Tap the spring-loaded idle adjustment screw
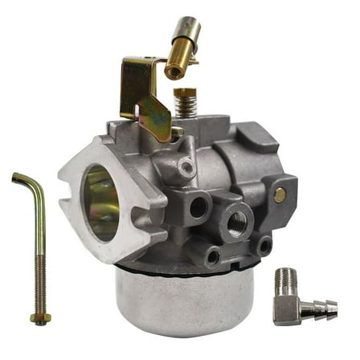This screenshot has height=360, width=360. coord(185,103)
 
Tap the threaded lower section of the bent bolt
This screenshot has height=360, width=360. coord(35,273)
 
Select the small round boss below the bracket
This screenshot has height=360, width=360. coord(186,167)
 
